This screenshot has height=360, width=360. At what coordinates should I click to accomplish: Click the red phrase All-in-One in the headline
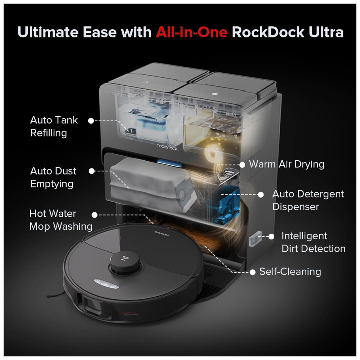[192, 32]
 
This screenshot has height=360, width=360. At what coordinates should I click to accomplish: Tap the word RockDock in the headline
[268, 32]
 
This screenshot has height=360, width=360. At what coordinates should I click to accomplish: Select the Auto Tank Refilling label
[54, 126]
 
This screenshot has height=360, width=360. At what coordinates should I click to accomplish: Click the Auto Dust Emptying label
[53, 177]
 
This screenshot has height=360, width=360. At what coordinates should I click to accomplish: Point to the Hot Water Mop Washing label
[61, 220]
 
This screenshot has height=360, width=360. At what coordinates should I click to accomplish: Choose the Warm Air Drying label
[287, 165]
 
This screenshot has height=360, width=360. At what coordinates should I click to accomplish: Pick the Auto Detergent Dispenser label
[308, 200]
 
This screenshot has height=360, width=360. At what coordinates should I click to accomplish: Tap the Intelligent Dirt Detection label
[314, 242]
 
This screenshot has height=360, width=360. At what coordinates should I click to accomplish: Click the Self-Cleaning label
[290, 272]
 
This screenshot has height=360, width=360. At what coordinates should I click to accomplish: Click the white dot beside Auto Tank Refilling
[91, 121]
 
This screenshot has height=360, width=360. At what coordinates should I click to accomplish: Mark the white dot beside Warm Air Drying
[242, 165]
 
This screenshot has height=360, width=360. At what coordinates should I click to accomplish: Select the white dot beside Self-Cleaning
[253, 272]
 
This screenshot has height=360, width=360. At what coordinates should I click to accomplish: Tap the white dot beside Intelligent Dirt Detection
[271, 237]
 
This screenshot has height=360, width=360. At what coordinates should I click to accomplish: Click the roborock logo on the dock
[167, 147]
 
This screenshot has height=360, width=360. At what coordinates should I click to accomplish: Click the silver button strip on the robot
[107, 284]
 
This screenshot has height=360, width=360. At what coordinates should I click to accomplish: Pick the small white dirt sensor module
[256, 239]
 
